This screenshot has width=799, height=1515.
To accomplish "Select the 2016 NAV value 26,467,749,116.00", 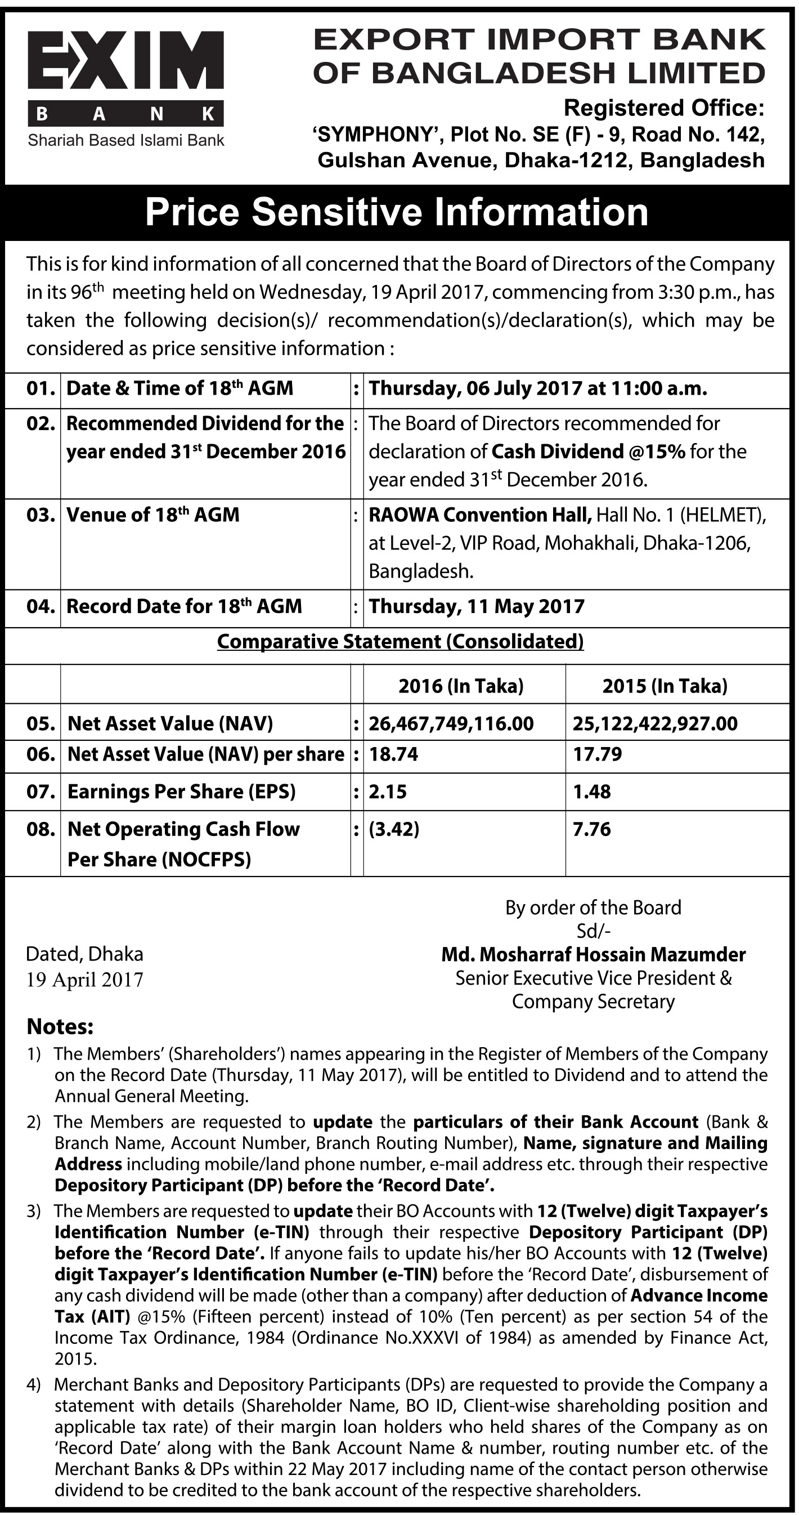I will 451,723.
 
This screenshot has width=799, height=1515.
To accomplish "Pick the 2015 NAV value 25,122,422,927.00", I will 655,723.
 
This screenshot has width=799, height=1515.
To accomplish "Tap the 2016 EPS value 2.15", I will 388,791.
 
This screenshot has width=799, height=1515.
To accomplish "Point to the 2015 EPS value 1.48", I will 591,791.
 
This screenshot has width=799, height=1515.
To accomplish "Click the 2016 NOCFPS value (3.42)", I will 394,829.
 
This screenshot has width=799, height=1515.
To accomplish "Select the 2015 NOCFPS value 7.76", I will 591,829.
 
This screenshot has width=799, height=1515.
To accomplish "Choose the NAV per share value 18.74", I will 393,754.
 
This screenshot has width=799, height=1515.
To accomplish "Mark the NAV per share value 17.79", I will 598,754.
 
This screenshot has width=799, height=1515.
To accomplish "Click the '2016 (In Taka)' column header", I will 461,685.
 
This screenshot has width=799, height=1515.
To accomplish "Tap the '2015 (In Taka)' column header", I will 665,685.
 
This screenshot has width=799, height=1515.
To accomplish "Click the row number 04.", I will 41,606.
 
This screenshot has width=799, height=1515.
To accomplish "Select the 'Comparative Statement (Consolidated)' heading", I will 401,641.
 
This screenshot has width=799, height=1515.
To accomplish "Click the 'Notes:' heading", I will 60,1026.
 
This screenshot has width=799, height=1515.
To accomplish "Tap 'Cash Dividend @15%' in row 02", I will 588,451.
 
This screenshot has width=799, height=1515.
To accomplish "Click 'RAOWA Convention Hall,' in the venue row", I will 480,515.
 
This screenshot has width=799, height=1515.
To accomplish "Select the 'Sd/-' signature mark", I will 593,931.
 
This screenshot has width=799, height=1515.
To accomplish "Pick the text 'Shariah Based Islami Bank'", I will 126,140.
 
